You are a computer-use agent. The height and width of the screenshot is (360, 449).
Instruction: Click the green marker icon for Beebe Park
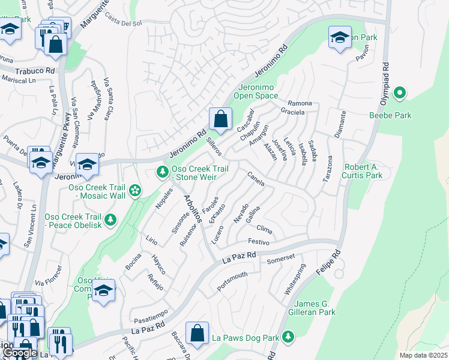pyautogui.click(x=399, y=93)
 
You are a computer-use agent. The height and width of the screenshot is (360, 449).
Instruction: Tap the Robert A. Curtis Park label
pyautogui.click(x=362, y=171)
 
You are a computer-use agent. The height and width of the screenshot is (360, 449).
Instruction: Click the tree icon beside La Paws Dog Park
pyautogui.click(x=289, y=337)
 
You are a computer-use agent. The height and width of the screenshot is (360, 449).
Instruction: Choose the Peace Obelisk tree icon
pyautogui.click(x=110, y=220)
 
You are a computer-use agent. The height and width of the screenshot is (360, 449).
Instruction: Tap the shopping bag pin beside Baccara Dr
pyautogui.click(x=197, y=333)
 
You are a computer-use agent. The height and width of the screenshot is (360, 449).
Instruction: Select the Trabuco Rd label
pyautogui.click(x=34, y=70)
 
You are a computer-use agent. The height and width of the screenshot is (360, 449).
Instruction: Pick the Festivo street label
pyautogui.click(x=258, y=242)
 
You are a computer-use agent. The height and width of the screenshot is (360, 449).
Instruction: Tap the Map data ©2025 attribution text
pyautogui.click(x=423, y=355)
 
